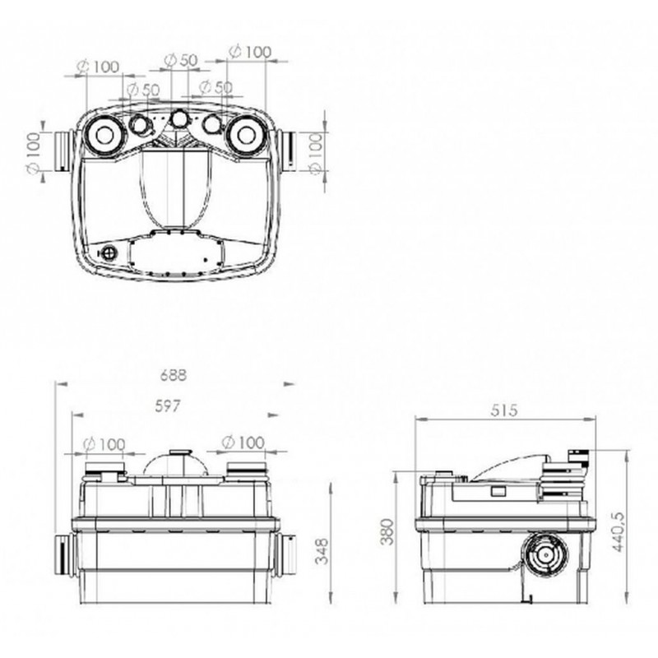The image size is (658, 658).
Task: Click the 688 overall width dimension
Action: tap(174, 375)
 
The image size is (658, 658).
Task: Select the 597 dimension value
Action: tap(168, 405)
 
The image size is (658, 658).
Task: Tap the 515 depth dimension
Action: tap(504, 410)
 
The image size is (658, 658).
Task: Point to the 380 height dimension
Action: tap(387, 531)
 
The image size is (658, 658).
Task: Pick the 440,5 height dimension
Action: tap(619, 531)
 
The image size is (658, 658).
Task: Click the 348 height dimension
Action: tap(322, 551)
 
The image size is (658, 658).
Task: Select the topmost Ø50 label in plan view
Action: tap(180, 60)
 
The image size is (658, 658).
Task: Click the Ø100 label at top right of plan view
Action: tap(250, 52)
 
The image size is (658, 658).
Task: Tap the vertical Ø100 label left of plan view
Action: tap(33, 152)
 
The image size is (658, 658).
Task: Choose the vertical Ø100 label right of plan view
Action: tap(317, 153)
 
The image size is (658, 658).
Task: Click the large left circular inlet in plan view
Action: tap(104, 135)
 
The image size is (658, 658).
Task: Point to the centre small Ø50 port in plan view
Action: tap(180, 118)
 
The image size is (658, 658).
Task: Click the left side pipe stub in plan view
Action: tap(63, 152)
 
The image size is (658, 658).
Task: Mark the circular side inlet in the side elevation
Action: tap(545, 554)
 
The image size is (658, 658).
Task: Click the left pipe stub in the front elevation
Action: tap(64, 556)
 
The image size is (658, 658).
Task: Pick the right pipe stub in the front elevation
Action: tap(285, 554)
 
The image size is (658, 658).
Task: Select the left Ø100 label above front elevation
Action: tap(104, 444)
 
